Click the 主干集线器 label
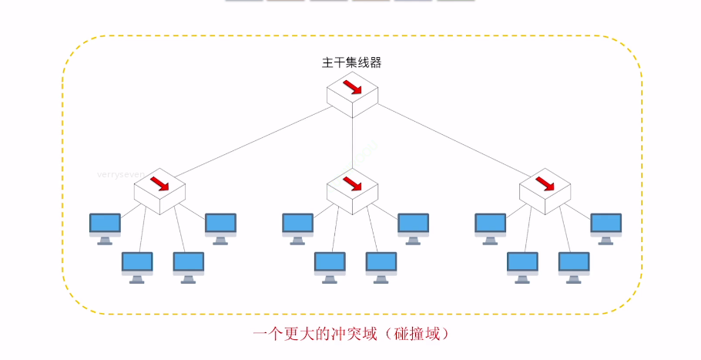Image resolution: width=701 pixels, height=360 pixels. click(x=351, y=63)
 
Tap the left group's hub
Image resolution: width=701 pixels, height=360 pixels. click(x=159, y=190)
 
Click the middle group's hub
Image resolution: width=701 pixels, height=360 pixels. click(x=352, y=190)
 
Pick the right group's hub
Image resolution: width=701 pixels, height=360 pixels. click(x=545, y=190)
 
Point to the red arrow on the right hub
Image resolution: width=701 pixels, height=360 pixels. click(x=545, y=182)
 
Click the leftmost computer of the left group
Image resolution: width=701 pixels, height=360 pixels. click(x=105, y=227)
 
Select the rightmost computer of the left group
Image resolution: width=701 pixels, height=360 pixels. click(x=220, y=227)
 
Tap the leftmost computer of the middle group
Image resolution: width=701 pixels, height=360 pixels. click(x=297, y=227)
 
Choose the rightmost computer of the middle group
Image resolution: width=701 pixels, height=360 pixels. click(x=413, y=227)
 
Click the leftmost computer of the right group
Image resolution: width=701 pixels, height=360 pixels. click(x=490, y=227)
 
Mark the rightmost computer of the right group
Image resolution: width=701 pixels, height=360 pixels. click(x=605, y=227)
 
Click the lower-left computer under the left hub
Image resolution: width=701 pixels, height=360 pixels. click(x=137, y=266)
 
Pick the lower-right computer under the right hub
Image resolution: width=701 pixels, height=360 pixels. click(x=574, y=266)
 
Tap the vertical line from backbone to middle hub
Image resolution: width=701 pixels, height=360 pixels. click(x=352, y=143)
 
